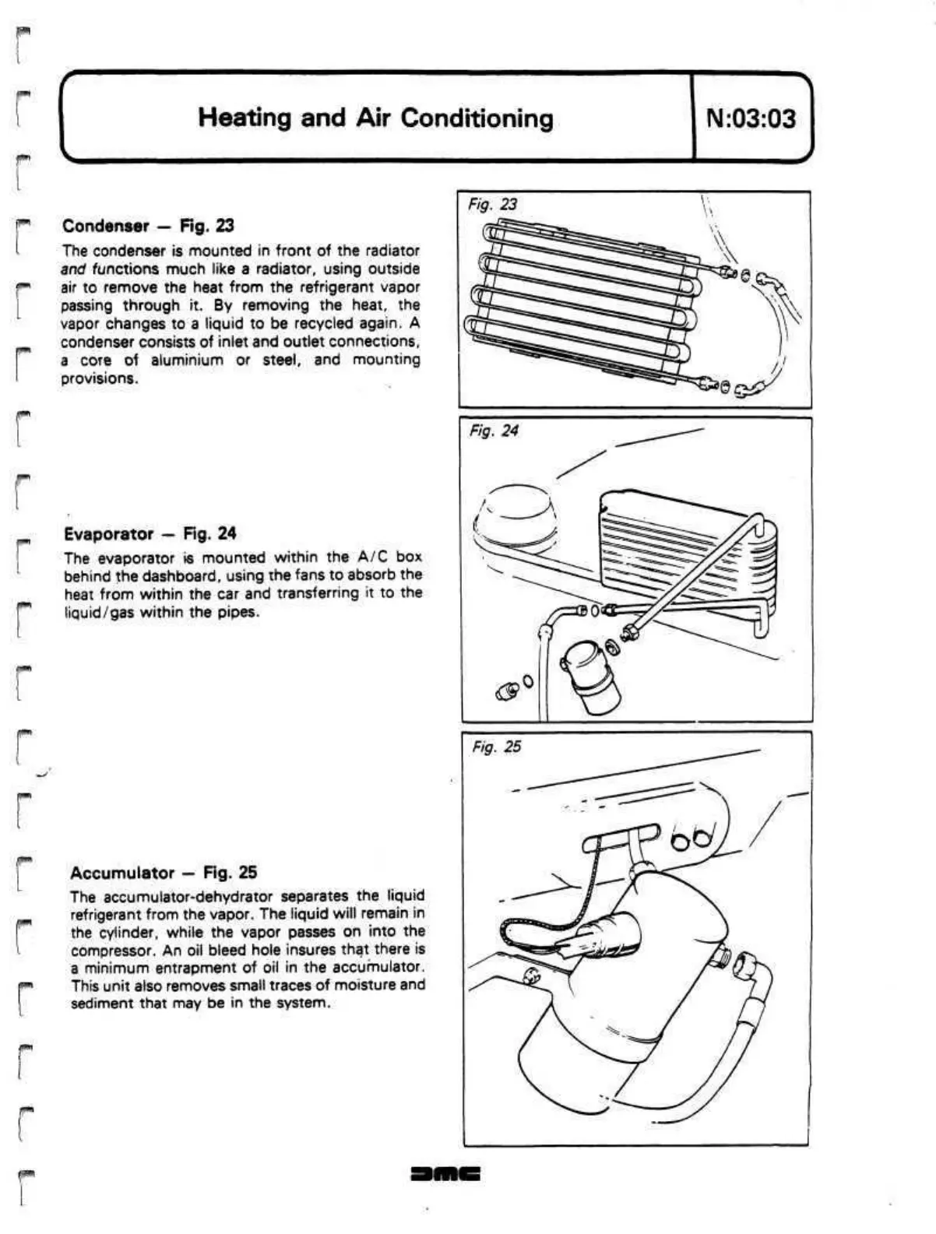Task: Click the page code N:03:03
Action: [751, 118]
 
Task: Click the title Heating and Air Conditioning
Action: [375, 118]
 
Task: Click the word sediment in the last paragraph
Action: [101, 1003]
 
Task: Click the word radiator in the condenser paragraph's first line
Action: [394, 251]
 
